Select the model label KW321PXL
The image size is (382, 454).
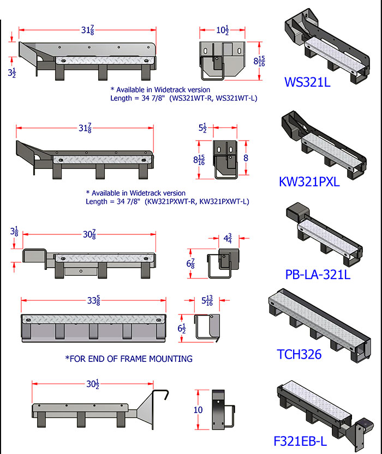click(309, 181)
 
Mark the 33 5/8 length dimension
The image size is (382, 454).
click(93, 300)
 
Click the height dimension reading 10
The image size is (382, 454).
click(199, 410)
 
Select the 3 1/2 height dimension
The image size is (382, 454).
click(11, 73)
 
